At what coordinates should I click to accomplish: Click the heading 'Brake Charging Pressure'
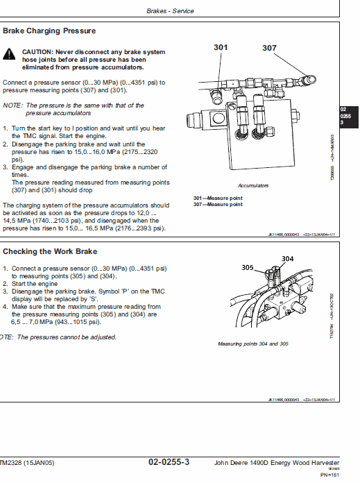(x=49, y=31)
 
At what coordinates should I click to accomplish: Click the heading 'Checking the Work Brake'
(x=50, y=251)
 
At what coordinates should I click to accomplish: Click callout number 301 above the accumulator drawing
(x=221, y=47)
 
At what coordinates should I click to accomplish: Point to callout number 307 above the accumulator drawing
(x=269, y=48)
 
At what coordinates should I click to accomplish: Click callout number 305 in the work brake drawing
(x=248, y=267)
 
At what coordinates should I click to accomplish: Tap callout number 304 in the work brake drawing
(x=288, y=258)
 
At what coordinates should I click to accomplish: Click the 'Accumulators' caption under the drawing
(x=252, y=186)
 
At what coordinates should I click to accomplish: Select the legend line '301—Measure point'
(x=218, y=198)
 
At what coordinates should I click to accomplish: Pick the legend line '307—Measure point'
(x=218, y=205)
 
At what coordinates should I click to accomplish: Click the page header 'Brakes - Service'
(x=171, y=11)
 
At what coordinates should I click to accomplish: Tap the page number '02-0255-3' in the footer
(x=169, y=462)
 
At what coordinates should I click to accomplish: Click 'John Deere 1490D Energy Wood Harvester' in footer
(x=276, y=463)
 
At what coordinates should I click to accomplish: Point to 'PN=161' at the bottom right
(x=329, y=475)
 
